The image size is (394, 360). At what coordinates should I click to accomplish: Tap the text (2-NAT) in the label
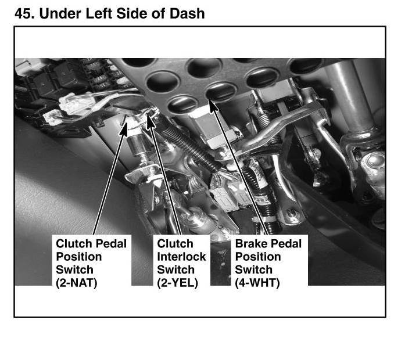pos(76,283)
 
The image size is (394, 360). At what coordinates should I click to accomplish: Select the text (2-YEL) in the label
pos(177,283)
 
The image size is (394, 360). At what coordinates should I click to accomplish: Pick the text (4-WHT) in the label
pos(257,283)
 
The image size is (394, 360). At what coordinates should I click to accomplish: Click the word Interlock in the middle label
pos(181,257)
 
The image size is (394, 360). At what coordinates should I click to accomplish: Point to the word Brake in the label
pos(251,243)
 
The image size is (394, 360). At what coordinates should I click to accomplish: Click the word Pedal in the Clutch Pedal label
pos(112,243)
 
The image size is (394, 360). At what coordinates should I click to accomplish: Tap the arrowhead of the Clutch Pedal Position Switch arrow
pos(124,128)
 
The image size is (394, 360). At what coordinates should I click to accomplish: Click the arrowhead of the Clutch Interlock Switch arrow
pos(151,123)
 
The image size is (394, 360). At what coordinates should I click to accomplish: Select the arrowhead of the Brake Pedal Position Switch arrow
pos(213,106)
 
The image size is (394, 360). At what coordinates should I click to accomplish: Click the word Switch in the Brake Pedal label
pos(254,269)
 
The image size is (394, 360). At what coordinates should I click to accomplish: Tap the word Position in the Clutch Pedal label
pos(79,257)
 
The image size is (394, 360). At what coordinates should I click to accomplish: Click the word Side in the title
pos(132,13)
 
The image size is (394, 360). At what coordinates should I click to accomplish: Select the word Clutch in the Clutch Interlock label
pos(175,243)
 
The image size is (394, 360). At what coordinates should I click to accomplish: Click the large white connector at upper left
pos(77,104)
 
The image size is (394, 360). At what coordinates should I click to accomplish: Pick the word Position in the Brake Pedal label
pos(258,257)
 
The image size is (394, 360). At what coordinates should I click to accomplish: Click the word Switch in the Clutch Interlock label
pos(176,269)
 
